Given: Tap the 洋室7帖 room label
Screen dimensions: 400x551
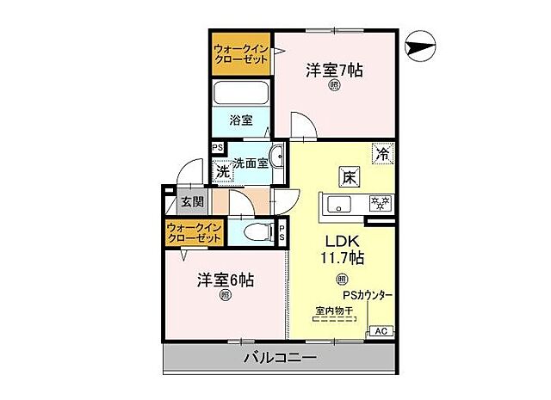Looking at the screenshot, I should tap(333, 70).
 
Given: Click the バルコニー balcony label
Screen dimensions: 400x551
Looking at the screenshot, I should tap(279, 357).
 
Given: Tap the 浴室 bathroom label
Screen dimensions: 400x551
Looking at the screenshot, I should tap(241, 120).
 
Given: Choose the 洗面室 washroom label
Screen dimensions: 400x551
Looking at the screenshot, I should tap(250, 163).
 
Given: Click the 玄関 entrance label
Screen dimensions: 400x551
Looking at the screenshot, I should tap(192, 203).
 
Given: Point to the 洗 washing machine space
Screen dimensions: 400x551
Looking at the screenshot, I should tap(221, 170).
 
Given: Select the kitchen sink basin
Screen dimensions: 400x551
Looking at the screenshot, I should tap(339, 204).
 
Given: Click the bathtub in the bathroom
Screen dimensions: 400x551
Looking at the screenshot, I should tap(241, 93).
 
